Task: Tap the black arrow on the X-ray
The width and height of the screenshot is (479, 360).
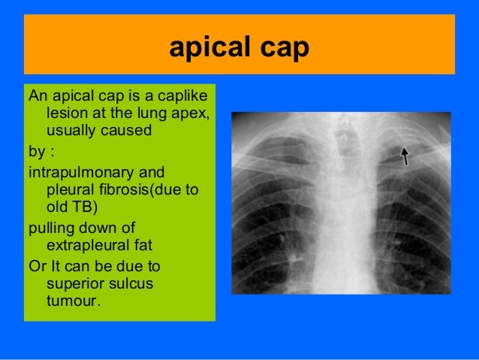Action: (405, 156)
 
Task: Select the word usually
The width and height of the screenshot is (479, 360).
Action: (74, 132)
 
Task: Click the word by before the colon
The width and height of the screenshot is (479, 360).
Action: (35, 150)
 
